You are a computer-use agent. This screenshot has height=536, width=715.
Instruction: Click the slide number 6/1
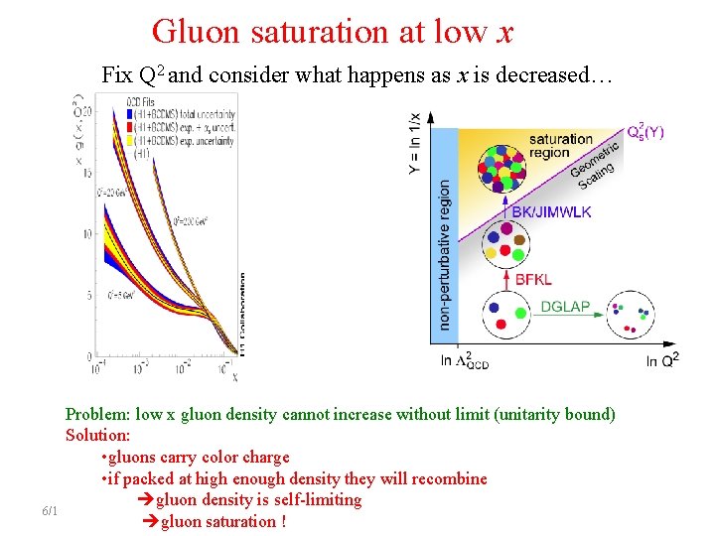(x=50, y=511)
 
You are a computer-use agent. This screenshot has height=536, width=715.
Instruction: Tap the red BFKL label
(x=533, y=280)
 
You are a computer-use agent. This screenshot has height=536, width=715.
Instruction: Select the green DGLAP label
(x=565, y=307)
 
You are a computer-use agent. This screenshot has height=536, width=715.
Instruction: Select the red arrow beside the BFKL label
(x=505, y=280)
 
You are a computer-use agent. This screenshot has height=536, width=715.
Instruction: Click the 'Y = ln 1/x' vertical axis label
(x=415, y=143)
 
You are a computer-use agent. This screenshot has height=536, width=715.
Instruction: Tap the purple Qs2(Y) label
(x=647, y=132)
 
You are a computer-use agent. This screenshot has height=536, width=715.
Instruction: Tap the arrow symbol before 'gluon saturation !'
(x=150, y=521)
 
